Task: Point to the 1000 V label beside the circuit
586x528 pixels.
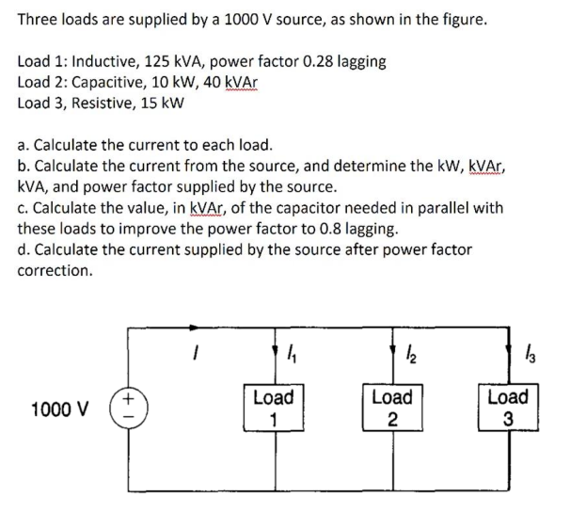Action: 60,409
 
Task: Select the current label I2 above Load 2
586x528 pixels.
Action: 409,356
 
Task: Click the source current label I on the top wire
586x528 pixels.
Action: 197,355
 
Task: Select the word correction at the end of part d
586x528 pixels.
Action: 55,270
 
